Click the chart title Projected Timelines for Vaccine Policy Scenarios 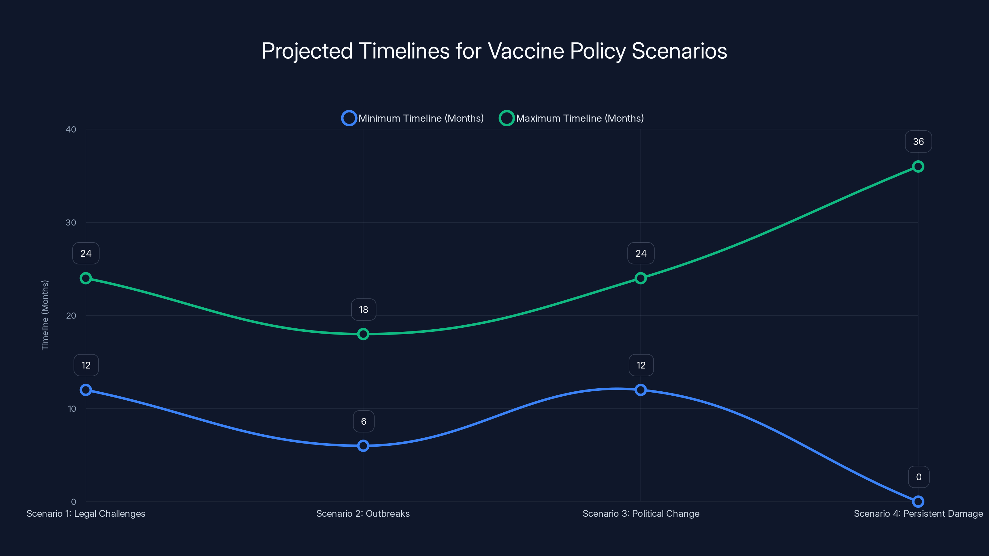(494, 51)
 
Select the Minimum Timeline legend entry (413, 118)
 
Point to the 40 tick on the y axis (71, 129)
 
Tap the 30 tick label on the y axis (71, 222)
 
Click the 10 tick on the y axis (72, 409)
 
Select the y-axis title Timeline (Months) (45, 315)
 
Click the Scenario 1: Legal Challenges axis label (86, 513)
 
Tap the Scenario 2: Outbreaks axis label (363, 513)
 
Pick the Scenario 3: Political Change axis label (641, 513)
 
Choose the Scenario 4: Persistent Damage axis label (918, 513)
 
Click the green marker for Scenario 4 (918, 166)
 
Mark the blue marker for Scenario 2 (363, 445)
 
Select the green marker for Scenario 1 (86, 278)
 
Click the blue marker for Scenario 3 (640, 390)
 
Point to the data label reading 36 (918, 141)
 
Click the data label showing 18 (363, 310)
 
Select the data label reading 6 (363, 421)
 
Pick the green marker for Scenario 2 (363, 334)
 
